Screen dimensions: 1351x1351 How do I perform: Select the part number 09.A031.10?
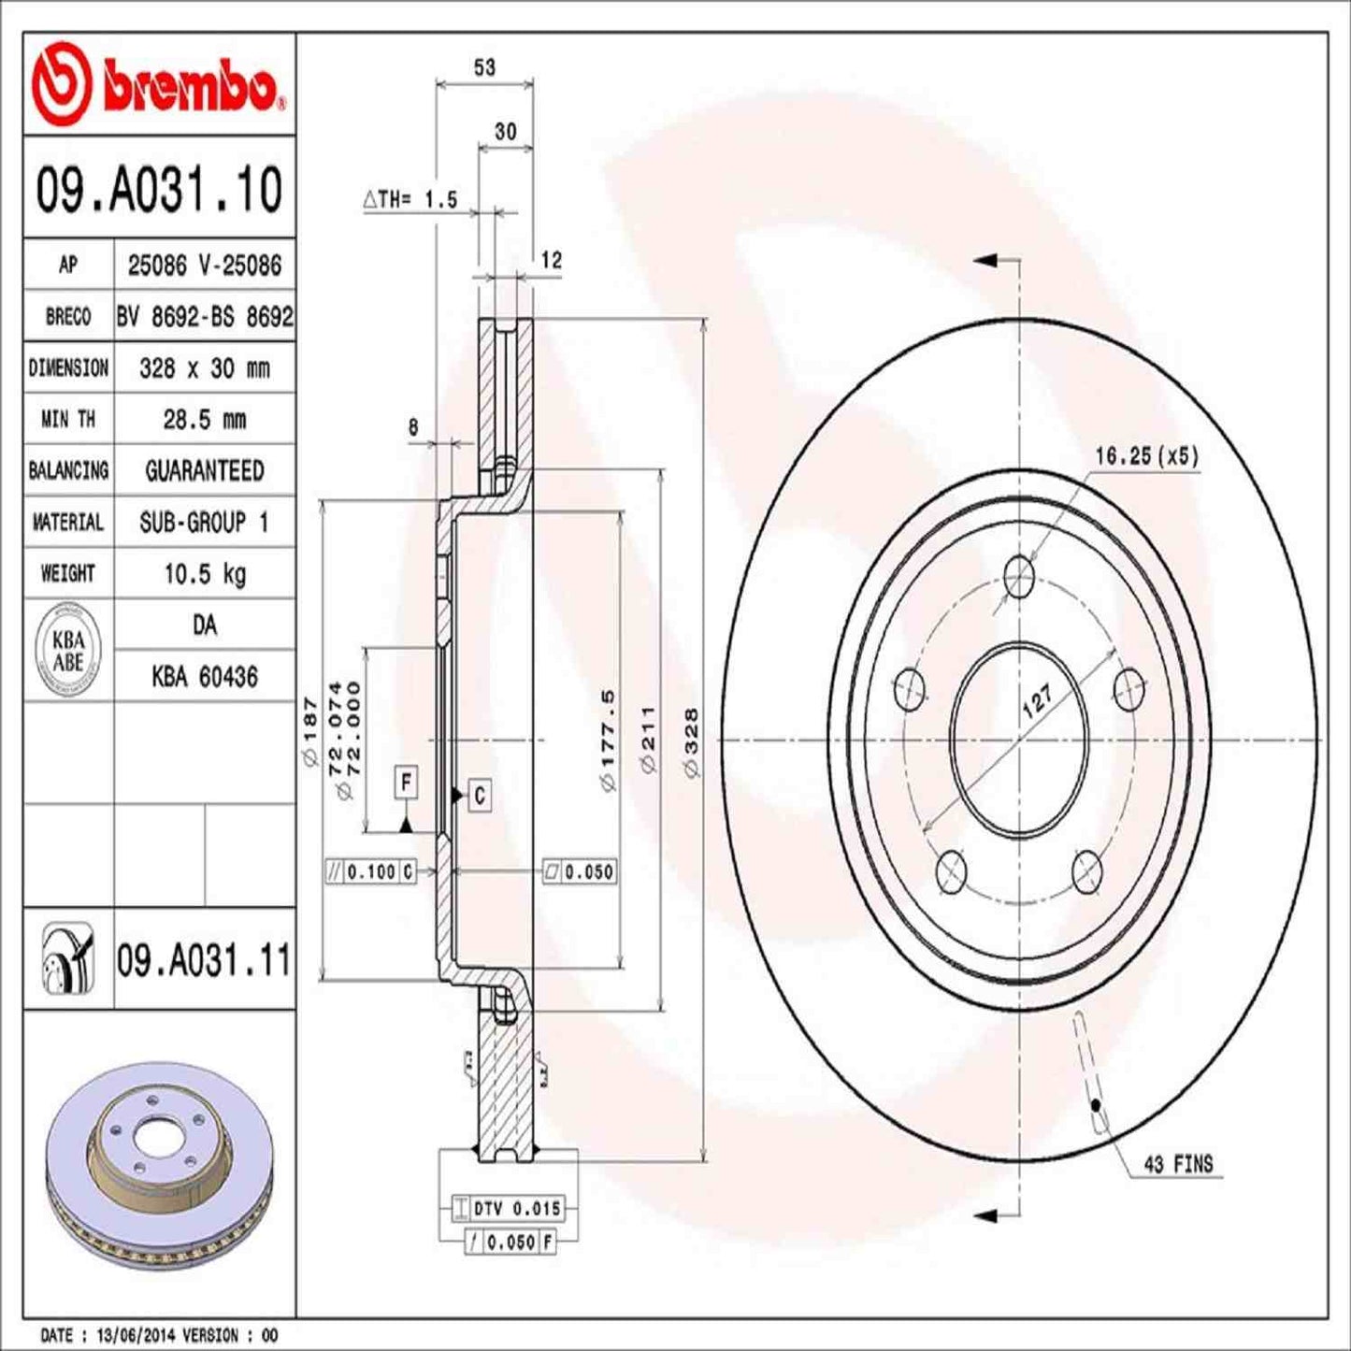tap(159, 190)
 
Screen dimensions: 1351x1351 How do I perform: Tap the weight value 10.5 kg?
tap(205, 573)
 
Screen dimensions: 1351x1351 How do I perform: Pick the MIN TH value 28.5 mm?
tap(205, 419)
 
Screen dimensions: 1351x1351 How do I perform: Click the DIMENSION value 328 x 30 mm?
tap(205, 368)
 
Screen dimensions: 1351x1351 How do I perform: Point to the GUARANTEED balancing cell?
tap(205, 470)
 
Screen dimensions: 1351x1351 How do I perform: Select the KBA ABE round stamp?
tap(68, 651)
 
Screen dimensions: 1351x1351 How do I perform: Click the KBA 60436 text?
tap(205, 676)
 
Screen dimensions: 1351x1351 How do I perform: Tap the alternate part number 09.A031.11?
tap(204, 960)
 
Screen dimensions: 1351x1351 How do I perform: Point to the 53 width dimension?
tap(484, 67)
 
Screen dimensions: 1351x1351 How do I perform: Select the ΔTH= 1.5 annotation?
tap(411, 199)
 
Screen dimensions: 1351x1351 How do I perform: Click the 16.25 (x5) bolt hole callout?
tap(1145, 456)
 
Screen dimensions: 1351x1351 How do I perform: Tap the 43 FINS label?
tap(1178, 1164)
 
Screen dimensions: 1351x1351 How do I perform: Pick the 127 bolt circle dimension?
tap(1036, 699)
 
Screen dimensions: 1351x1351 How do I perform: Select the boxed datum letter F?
tap(406, 782)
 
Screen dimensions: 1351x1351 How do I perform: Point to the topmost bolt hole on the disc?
tap(1018, 575)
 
